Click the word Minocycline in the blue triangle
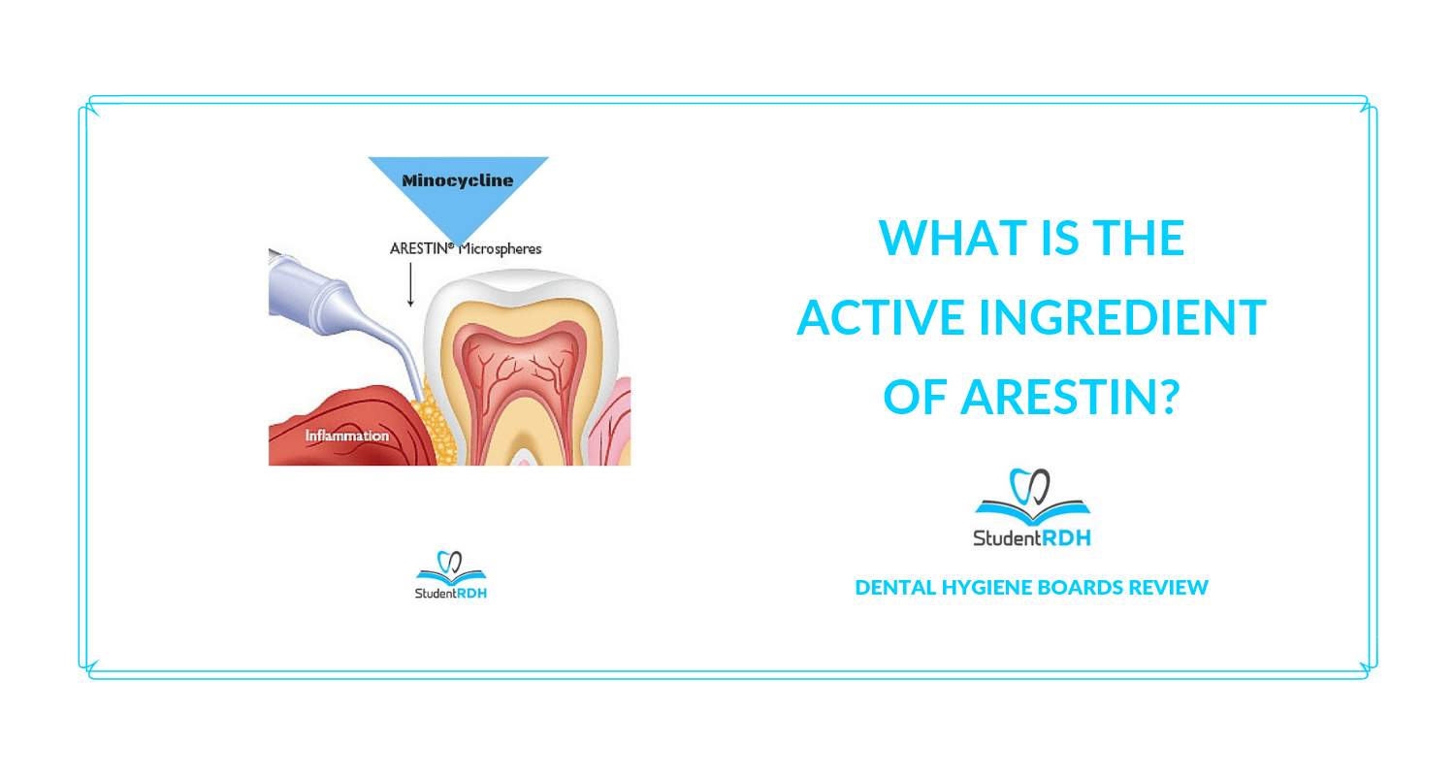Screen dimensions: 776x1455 458,180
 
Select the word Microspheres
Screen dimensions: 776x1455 501,248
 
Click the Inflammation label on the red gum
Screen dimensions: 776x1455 346,436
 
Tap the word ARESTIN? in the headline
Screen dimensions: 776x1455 1070,398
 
